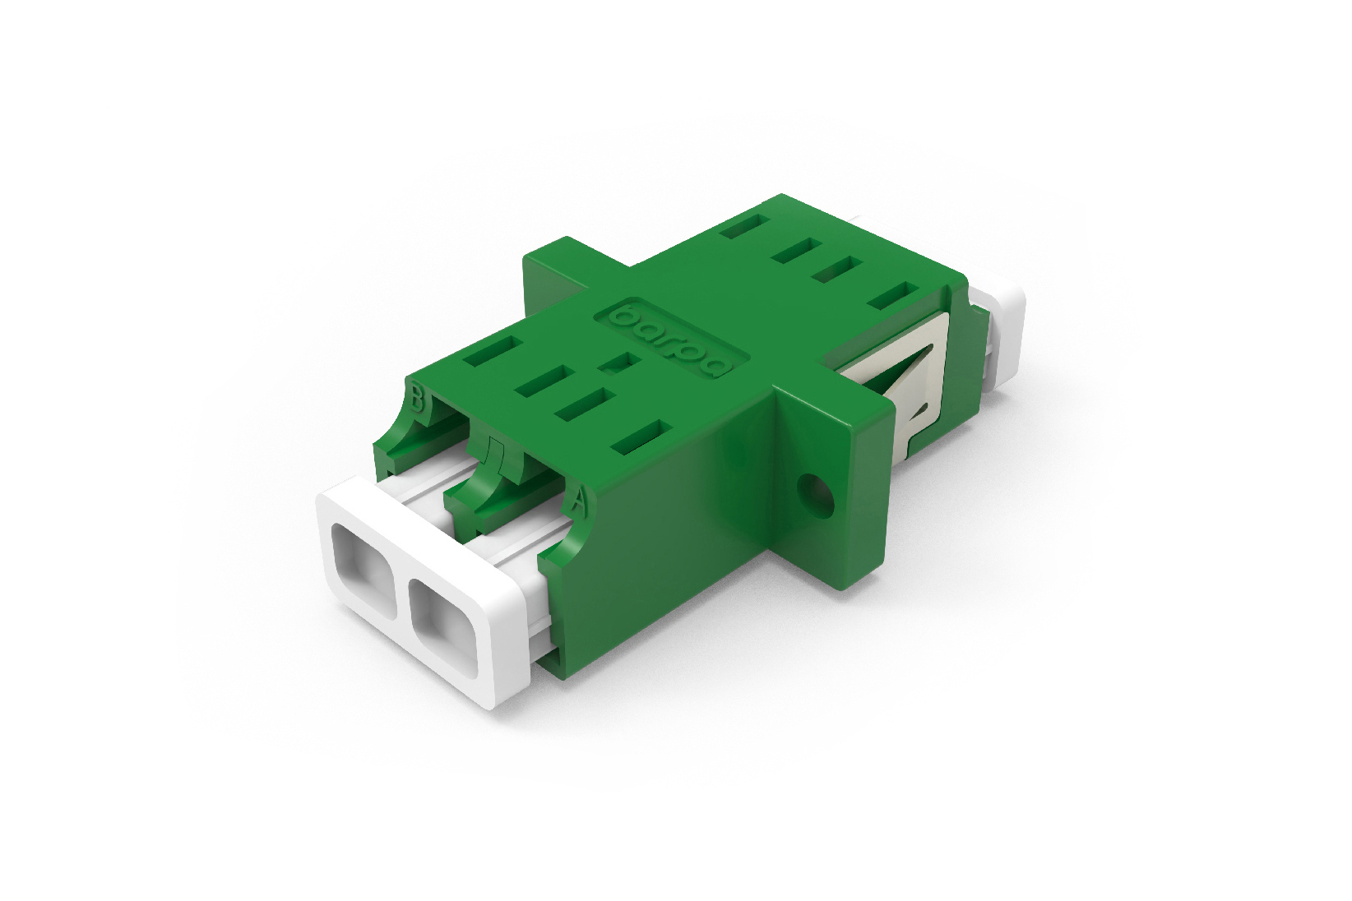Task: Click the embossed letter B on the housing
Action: tap(417, 400)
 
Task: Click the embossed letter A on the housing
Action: tap(579, 500)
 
